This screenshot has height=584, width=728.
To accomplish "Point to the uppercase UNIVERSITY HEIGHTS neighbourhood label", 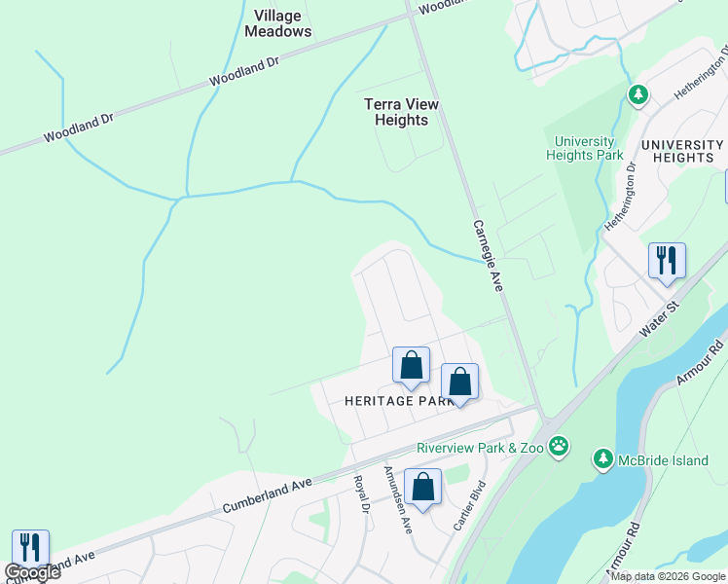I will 683,150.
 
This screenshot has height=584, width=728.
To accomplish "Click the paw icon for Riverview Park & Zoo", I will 559,447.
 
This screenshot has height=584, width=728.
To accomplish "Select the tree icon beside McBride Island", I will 603,457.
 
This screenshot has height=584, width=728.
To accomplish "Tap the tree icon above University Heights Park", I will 637,94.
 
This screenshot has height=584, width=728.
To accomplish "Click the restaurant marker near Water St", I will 667,261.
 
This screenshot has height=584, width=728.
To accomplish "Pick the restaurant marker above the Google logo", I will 30,547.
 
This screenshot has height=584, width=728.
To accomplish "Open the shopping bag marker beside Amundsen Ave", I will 423,488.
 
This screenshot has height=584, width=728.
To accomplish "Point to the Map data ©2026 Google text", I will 668,576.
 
